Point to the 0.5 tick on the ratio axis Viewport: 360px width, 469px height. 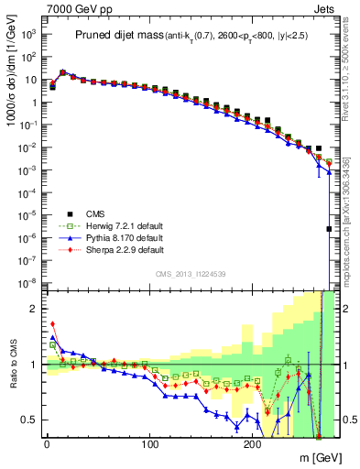[x=31, y=420]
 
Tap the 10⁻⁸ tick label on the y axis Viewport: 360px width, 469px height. [x=29, y=281]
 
